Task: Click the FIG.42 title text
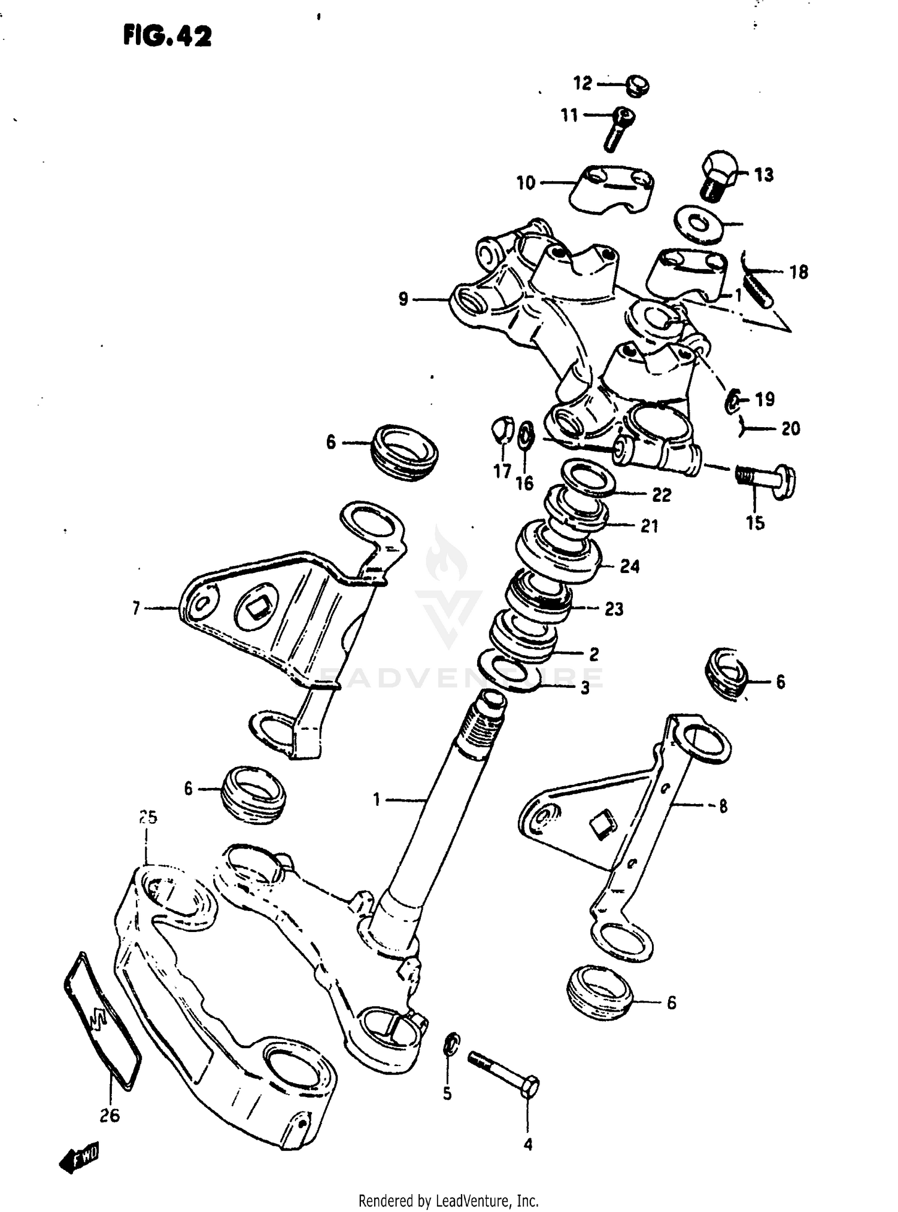pos(167,37)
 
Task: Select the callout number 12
pos(582,83)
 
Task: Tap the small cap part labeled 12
pos(638,86)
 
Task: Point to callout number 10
pos(526,182)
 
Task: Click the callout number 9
pos(404,299)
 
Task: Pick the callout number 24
pos(629,566)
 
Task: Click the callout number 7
pos(136,608)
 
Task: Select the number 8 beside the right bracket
pos(723,806)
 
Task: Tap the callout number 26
pos(110,1115)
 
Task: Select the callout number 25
pos(147,817)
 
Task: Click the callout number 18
pos(799,272)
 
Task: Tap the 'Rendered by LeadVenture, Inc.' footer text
pos(448,1200)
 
